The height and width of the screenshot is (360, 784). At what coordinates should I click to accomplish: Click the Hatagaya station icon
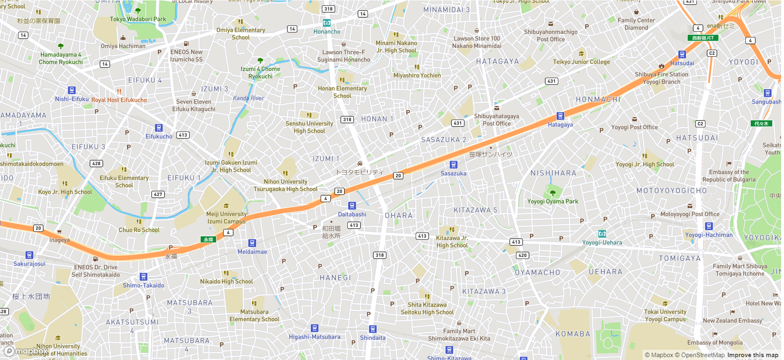560,116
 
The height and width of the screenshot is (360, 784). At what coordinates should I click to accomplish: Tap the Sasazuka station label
453,173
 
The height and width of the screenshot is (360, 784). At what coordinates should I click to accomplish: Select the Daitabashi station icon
352,205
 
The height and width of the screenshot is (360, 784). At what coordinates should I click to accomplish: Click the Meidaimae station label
252,252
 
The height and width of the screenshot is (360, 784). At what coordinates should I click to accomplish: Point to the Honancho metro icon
326,23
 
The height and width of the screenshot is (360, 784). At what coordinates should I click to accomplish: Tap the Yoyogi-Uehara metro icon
602,234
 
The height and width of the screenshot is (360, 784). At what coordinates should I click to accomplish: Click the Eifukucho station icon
159,128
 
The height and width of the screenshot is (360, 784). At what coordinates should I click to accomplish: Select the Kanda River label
248,98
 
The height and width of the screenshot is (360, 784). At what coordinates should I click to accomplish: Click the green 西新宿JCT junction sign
703,38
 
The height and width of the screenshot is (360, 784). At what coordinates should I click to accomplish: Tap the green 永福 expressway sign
208,239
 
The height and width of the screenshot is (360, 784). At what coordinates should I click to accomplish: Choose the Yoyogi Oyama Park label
553,201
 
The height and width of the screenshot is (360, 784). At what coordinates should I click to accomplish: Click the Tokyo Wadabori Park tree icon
138,11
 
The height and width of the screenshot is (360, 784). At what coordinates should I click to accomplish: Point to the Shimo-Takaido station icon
143,277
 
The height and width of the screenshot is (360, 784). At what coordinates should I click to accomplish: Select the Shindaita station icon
372,329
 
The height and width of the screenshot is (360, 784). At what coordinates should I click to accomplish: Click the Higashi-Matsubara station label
315,337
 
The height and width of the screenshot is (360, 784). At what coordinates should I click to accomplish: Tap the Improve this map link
752,355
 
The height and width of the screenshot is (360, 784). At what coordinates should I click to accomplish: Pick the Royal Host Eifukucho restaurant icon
119,92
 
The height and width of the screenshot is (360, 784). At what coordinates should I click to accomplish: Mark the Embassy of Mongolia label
715,342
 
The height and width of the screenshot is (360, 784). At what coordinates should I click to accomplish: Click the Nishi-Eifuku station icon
72,90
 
